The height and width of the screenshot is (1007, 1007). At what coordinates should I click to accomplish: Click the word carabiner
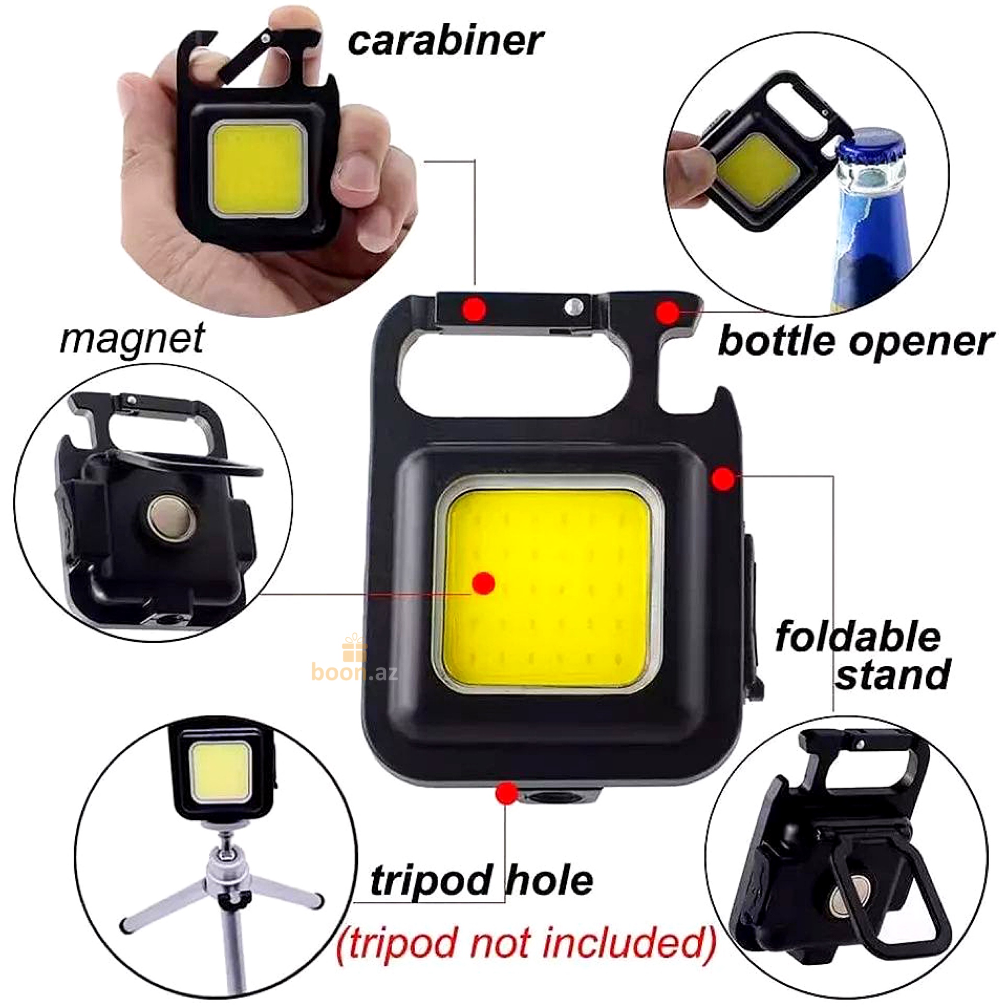point(445,41)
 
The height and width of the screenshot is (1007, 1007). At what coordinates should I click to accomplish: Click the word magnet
point(132,339)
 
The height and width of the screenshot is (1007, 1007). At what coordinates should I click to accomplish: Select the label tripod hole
point(481,880)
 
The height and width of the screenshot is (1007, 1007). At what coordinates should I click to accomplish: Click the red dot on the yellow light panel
point(484,583)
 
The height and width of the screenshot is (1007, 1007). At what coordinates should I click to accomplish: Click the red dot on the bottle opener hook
point(668,312)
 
